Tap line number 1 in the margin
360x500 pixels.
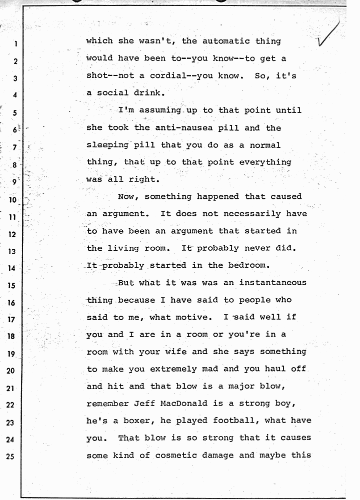click(15, 43)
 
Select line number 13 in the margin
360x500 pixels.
click(13, 251)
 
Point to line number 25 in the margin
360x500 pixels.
click(13, 457)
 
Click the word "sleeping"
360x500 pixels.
click(107, 145)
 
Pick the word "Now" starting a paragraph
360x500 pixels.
click(126, 196)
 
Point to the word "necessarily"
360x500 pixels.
click(261, 213)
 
